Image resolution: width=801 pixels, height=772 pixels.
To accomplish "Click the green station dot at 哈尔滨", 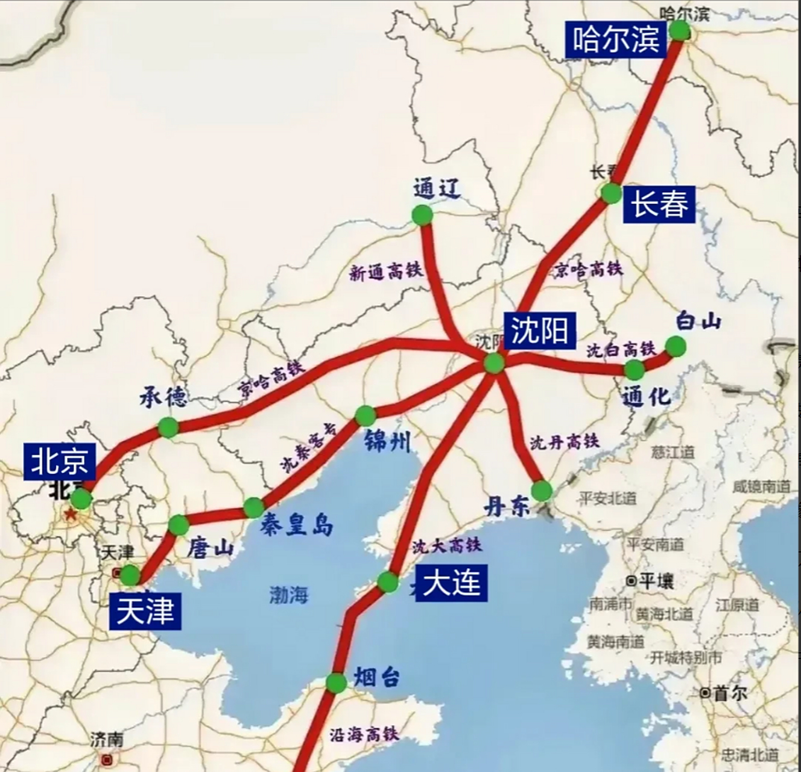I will (680, 30).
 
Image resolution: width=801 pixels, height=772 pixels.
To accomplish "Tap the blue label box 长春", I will (659, 204).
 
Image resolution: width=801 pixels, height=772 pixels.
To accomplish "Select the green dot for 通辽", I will (422, 215).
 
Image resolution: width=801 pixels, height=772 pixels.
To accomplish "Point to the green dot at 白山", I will (675, 346).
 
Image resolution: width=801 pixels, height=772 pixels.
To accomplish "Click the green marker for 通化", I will (634, 370).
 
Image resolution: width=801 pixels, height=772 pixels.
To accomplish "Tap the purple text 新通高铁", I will (386, 273).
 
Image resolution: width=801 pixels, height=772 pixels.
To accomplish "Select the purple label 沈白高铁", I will (621, 349).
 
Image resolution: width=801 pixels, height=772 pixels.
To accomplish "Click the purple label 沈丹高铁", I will (565, 443).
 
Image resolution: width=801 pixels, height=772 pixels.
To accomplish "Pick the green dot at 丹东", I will (542, 491).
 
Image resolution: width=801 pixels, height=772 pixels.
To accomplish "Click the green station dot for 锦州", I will (365, 416).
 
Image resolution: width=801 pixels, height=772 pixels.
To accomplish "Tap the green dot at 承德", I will (168, 427).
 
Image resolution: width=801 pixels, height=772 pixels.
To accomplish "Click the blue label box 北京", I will (60, 461).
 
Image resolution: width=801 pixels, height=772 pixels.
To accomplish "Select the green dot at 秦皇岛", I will (253, 508).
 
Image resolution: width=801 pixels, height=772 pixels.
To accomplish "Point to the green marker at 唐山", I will (179, 525).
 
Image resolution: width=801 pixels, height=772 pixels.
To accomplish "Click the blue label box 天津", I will (145, 612).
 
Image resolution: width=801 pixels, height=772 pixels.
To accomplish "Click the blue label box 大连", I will (452, 583).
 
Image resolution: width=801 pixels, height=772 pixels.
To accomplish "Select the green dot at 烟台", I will (336, 683).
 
